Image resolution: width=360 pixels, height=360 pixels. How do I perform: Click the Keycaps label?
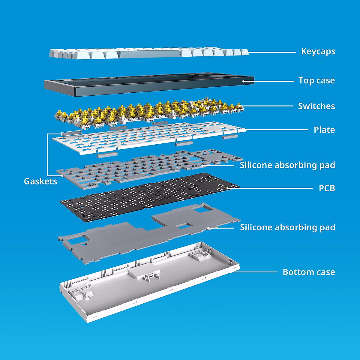318,52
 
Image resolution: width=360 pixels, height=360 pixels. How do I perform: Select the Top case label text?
316,80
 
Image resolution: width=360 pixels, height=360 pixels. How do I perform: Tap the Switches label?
316,106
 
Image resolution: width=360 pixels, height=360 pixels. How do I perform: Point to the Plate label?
324,130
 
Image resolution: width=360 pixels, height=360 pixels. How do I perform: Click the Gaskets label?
40,181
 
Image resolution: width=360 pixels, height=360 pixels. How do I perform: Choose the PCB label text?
327,188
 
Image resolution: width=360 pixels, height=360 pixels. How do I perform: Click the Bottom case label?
309,272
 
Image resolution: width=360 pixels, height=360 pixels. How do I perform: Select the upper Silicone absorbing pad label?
287,165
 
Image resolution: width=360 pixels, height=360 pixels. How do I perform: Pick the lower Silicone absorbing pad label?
287,227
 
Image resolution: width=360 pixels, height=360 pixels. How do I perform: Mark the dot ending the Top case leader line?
243,81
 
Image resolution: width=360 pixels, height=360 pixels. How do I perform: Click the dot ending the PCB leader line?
228,188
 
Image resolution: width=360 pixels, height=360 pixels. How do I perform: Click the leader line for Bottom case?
255,272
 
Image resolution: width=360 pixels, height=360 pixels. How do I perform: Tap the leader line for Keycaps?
271,52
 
